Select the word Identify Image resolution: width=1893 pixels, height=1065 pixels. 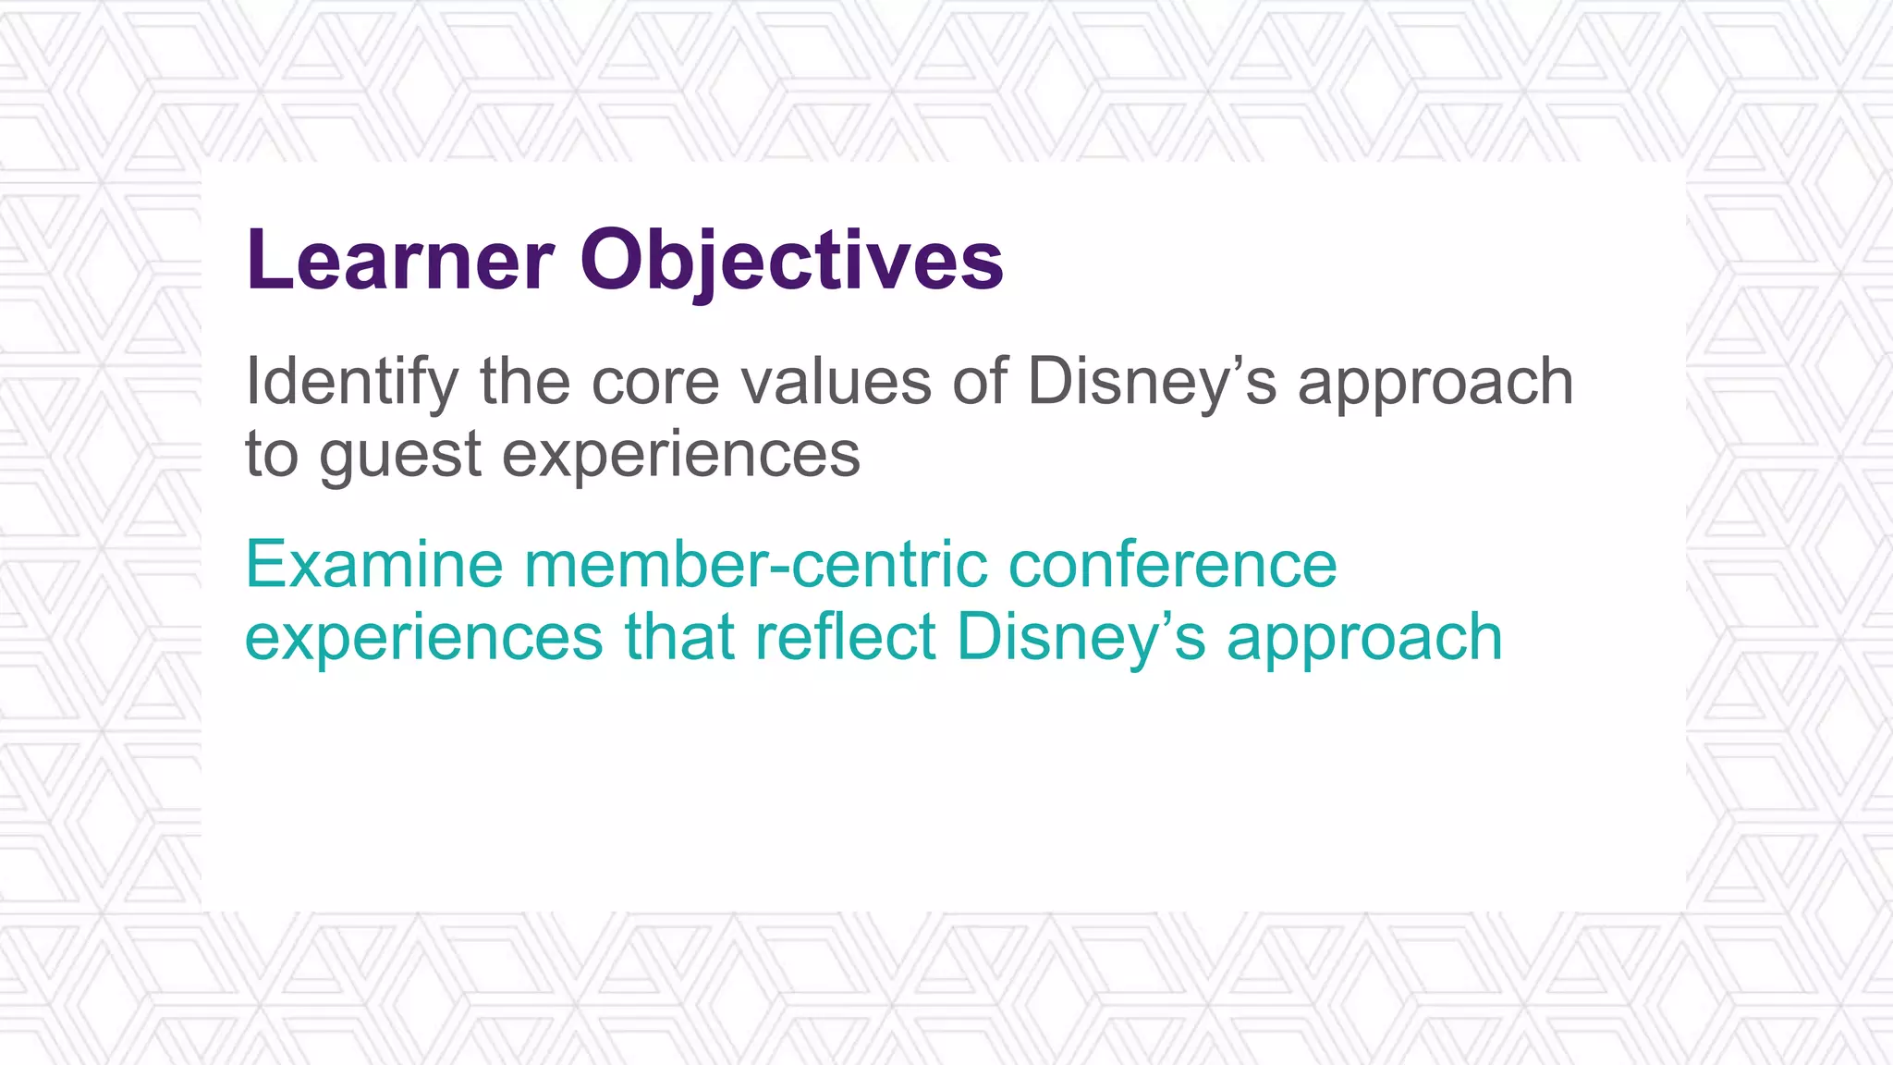click(351, 381)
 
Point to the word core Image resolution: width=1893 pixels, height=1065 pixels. click(654, 381)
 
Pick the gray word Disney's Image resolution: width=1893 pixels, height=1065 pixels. click(1152, 381)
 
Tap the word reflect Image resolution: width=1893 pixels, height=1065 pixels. click(846, 638)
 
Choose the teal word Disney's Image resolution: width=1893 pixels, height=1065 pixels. click(1081, 638)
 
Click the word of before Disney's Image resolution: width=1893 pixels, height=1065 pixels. click(980, 381)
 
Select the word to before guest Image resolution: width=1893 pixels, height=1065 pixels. click(272, 455)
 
